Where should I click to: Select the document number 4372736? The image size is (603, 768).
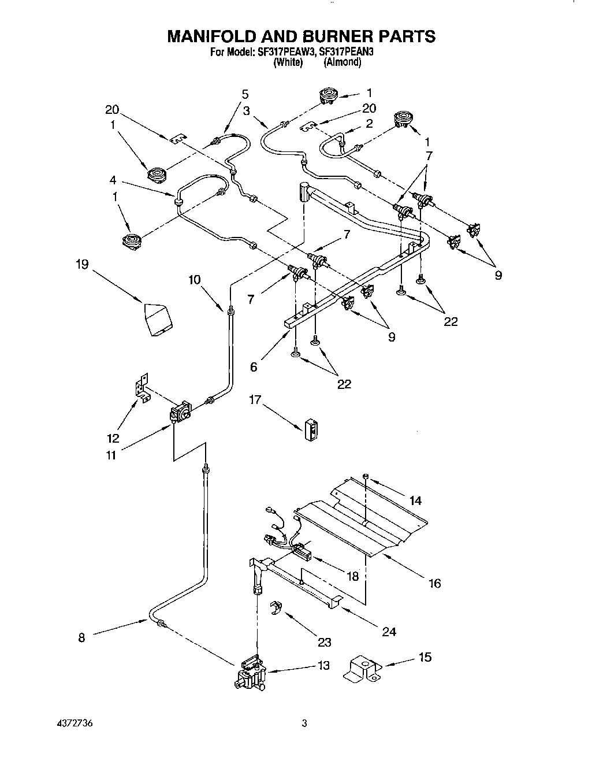(73, 724)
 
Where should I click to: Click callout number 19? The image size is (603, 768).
(82, 264)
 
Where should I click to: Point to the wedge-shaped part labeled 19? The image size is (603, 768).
(157, 318)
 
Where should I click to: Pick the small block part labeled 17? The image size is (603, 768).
(311, 428)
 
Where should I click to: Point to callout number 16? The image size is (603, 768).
(434, 583)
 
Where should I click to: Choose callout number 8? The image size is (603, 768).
(81, 637)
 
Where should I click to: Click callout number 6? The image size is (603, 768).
(254, 367)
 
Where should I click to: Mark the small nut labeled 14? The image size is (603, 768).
(366, 476)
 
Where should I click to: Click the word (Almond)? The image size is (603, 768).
(343, 62)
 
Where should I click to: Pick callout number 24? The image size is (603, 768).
(389, 632)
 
